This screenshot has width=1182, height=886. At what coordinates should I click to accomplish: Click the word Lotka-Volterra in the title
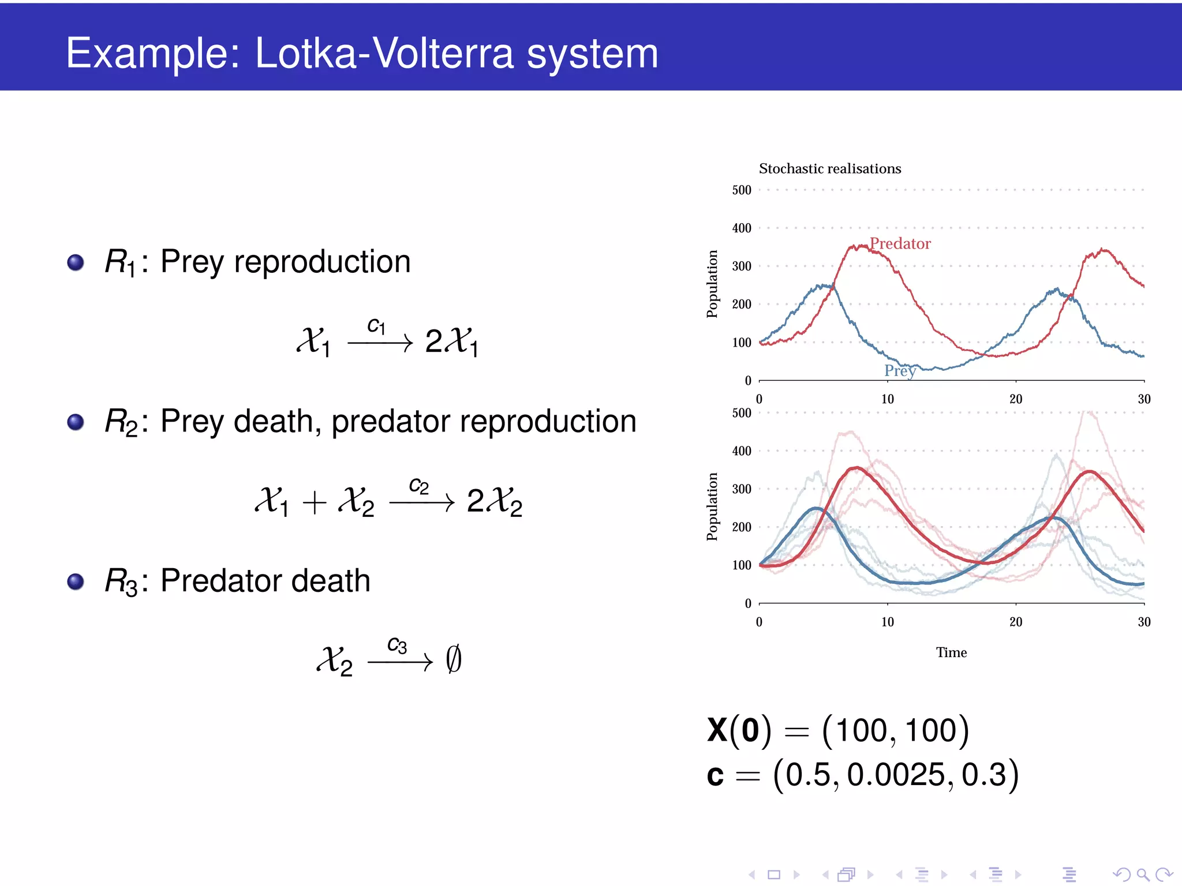click(x=383, y=53)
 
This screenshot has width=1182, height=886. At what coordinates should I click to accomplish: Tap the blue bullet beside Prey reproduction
click(x=76, y=262)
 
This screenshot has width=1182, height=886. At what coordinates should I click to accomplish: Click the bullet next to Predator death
click(x=76, y=581)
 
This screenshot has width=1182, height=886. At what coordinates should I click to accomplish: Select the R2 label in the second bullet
click(x=121, y=422)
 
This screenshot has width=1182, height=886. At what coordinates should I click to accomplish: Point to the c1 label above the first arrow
click(x=376, y=326)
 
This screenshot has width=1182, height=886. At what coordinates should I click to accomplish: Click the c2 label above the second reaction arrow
click(x=418, y=486)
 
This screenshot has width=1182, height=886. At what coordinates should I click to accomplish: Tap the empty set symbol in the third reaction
click(x=454, y=659)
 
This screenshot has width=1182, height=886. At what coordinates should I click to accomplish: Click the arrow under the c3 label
click(x=399, y=662)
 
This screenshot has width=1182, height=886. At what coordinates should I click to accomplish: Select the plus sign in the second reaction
click(x=315, y=501)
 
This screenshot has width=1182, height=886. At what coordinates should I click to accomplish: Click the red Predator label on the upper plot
click(x=900, y=243)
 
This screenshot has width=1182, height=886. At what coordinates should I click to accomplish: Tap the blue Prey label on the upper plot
click(x=899, y=370)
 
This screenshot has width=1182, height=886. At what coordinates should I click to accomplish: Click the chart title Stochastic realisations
click(x=829, y=168)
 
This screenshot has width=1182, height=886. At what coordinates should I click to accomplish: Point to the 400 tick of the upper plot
click(x=742, y=228)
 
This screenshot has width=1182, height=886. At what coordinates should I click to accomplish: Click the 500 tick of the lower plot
click(x=742, y=413)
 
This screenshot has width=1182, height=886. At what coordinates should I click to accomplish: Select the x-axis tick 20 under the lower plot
click(x=1016, y=622)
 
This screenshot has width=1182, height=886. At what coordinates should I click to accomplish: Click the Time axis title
click(x=951, y=652)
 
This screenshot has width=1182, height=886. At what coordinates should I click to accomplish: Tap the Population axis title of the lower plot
click(x=712, y=506)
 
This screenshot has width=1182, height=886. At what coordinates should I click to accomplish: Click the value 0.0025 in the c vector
click(x=895, y=775)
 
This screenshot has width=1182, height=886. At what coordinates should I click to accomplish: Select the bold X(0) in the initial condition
click(x=739, y=730)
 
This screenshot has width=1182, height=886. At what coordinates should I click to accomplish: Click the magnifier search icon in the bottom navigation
click(x=1143, y=874)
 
